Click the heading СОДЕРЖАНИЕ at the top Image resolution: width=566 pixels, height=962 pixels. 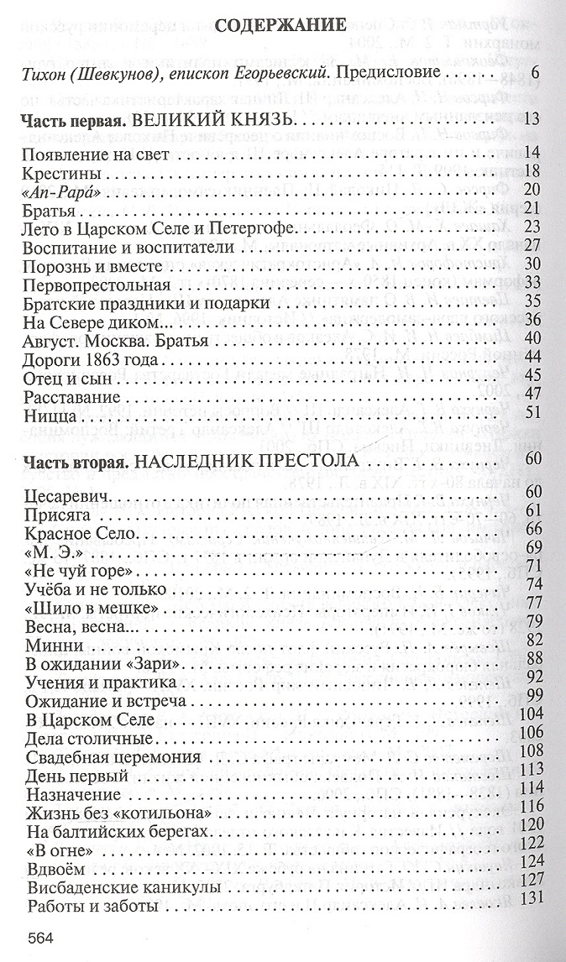pyautogui.click(x=280, y=26)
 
